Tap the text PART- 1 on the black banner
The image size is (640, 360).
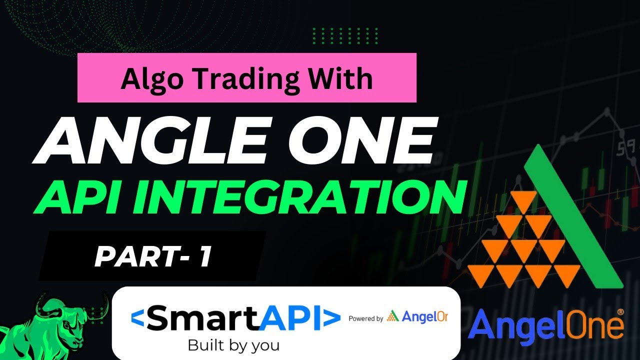click(x=152, y=257)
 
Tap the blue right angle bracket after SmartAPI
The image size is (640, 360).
click(x=331, y=319)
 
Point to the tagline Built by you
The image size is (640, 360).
click(x=233, y=345)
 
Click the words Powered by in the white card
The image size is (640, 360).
click(x=365, y=318)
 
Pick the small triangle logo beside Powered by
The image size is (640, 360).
click(x=393, y=316)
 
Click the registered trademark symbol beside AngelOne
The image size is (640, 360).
click(x=620, y=311)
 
